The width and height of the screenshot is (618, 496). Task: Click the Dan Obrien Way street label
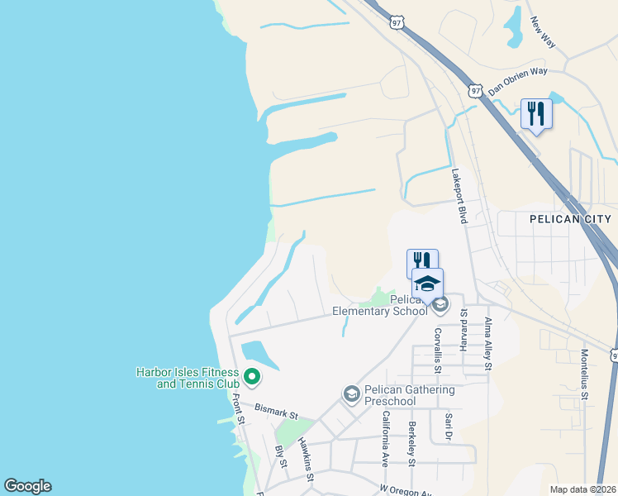[x=518, y=82]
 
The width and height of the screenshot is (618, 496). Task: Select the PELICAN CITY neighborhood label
[x=569, y=218]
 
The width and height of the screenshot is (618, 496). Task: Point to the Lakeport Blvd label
[x=459, y=196]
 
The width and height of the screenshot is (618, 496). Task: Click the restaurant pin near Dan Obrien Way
[x=536, y=113]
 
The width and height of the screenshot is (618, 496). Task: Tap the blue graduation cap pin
[x=427, y=284]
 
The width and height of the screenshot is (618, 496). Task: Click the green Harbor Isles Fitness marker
[x=251, y=379]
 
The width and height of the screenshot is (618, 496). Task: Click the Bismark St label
[x=275, y=411]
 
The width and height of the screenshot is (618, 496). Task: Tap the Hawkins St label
[x=306, y=460]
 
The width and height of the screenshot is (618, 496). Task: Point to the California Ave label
[x=385, y=438]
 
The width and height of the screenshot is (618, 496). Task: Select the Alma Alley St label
[x=488, y=342]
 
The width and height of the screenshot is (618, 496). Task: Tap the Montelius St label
[x=583, y=374]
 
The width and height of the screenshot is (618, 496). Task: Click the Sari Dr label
[x=449, y=427]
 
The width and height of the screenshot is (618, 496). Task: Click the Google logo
[x=27, y=486]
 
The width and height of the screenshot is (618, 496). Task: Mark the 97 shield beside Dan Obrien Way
[x=474, y=88]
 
